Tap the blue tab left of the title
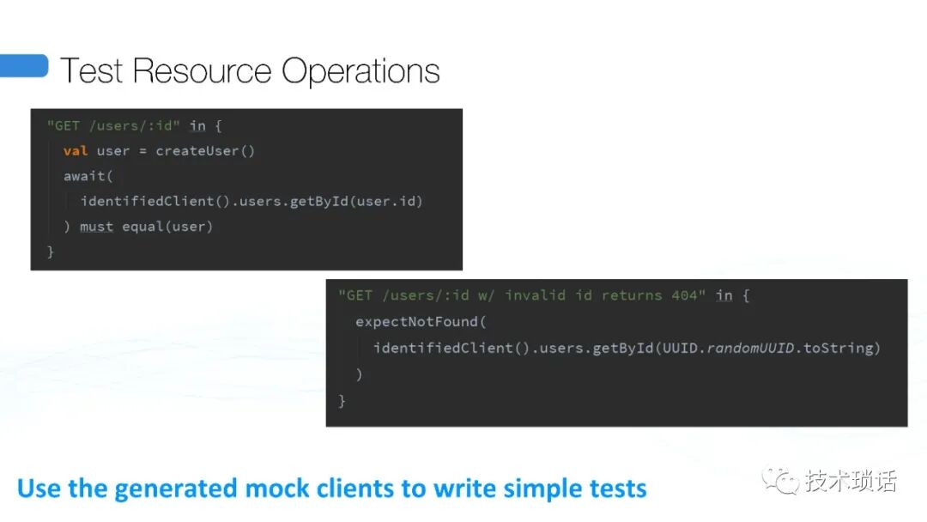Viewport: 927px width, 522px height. (24, 66)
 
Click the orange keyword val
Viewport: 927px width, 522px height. (76, 151)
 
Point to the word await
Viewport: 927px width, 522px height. (84, 176)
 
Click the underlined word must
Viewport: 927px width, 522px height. (96, 227)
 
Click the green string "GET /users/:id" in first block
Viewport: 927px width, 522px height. (110, 126)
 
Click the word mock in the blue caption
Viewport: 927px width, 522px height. (273, 489)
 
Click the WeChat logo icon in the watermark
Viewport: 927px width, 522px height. (781, 481)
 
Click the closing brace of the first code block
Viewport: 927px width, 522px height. (50, 252)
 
